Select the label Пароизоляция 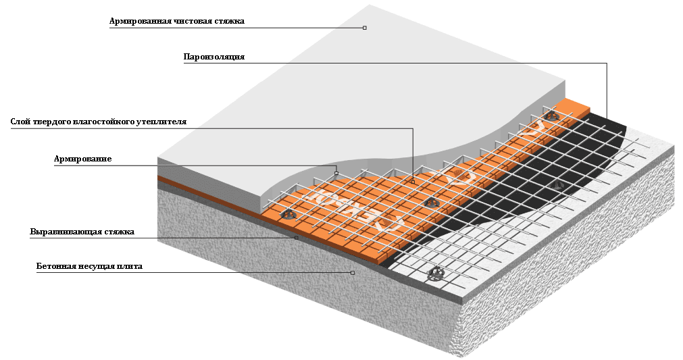point(213,57)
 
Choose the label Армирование point(82,159)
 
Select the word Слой point(20,122)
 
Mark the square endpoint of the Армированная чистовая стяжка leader point(365,28)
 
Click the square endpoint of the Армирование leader point(336,173)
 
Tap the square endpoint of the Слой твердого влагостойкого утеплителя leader point(413,182)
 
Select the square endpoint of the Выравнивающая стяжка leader point(296,238)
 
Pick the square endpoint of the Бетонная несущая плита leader point(353,273)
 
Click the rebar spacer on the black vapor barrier point(558,184)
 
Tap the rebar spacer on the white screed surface point(436,274)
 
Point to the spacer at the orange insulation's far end point(553,117)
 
